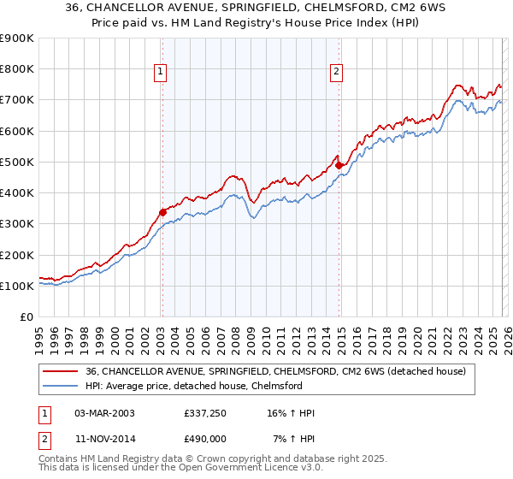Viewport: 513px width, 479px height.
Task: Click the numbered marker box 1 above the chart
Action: click(161, 72)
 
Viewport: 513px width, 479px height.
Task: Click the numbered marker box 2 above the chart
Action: click(338, 72)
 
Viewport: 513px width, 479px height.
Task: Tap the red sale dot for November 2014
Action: click(339, 165)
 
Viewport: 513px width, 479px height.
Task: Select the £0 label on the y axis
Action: click(27, 316)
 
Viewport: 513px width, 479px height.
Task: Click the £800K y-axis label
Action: click(16, 69)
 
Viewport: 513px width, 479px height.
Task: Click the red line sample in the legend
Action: click(61, 371)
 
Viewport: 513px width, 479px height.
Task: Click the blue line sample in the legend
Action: click(61, 386)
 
